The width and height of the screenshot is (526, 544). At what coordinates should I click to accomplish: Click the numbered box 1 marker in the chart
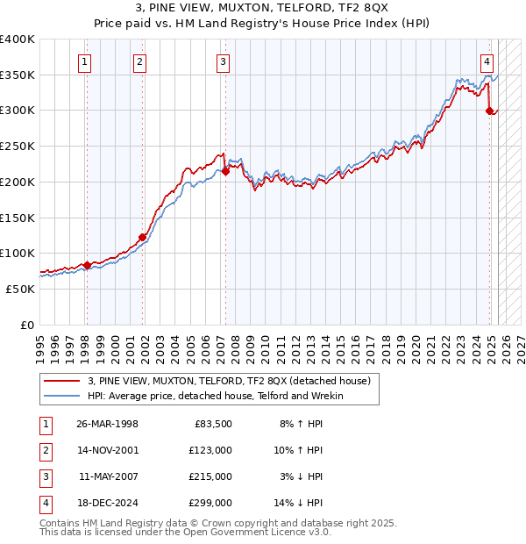tap(85, 61)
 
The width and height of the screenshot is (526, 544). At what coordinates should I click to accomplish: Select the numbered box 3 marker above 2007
tap(224, 61)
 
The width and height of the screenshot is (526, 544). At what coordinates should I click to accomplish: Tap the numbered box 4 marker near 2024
tap(487, 61)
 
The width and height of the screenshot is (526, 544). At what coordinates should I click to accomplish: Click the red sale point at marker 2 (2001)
tap(142, 237)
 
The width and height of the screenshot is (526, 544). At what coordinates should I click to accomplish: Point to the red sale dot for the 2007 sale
tap(225, 171)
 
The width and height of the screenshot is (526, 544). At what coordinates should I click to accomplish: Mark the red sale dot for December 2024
tap(490, 111)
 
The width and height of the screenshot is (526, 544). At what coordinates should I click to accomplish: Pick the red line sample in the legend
tap(62, 381)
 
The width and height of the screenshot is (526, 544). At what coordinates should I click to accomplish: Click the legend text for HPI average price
tap(215, 396)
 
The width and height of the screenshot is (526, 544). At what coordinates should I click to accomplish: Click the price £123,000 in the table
tap(210, 450)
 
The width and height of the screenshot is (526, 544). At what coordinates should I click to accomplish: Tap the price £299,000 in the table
tap(210, 503)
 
